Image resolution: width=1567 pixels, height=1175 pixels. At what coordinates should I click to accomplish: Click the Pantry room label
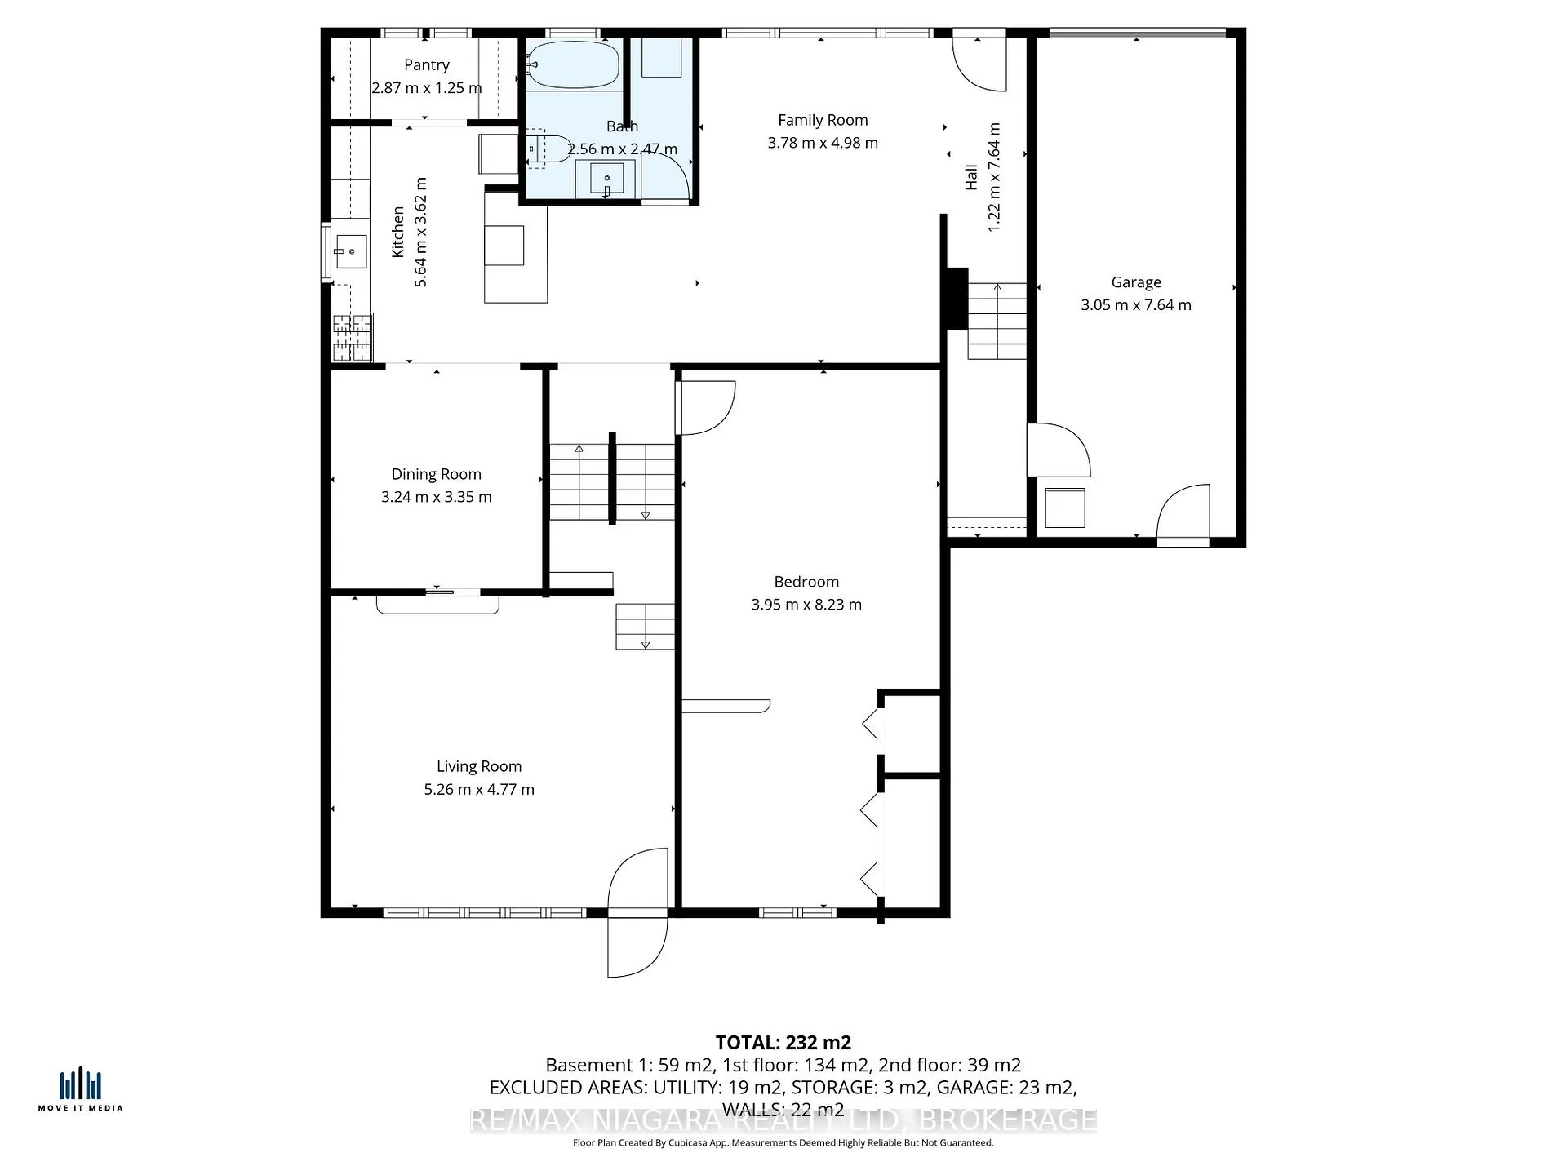(x=427, y=65)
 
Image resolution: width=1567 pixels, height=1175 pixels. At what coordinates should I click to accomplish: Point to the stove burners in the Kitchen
(x=353, y=337)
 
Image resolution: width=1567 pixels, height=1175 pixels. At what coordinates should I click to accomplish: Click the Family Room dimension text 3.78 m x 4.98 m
(x=823, y=143)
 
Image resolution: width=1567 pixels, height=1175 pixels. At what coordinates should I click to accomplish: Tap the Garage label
(x=1136, y=282)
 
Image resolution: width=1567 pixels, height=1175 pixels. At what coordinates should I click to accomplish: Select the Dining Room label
(x=437, y=474)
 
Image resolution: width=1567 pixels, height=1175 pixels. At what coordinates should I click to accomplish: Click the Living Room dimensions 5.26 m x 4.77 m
(x=479, y=789)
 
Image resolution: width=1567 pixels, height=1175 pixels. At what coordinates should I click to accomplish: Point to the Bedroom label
(x=806, y=582)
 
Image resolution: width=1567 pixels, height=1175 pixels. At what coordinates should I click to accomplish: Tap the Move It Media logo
(x=80, y=1089)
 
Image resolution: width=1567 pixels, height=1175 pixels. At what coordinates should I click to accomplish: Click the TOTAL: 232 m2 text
(x=783, y=1042)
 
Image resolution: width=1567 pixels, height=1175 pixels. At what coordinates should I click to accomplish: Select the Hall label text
(x=971, y=177)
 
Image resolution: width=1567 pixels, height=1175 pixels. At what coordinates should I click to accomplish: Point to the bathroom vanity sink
(x=606, y=179)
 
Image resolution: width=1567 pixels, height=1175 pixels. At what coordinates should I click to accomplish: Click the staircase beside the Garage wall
(x=997, y=321)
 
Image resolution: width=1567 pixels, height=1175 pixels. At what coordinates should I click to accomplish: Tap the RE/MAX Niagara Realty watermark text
(x=783, y=1120)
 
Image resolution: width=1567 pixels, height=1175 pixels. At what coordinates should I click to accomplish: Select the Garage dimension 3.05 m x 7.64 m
(x=1136, y=305)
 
